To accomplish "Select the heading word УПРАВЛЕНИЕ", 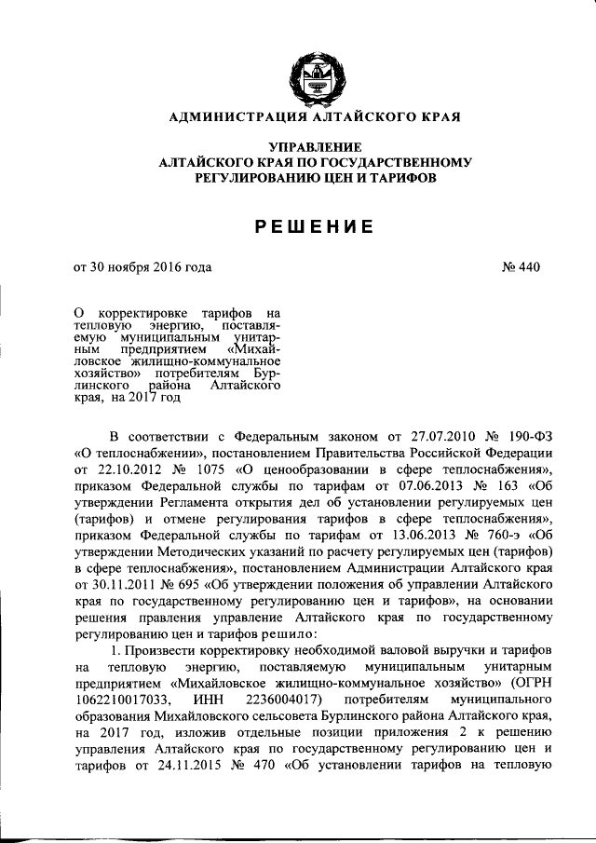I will click(311, 147).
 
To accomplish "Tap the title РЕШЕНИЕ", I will click(311, 225).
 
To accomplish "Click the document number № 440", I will click(521, 267).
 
